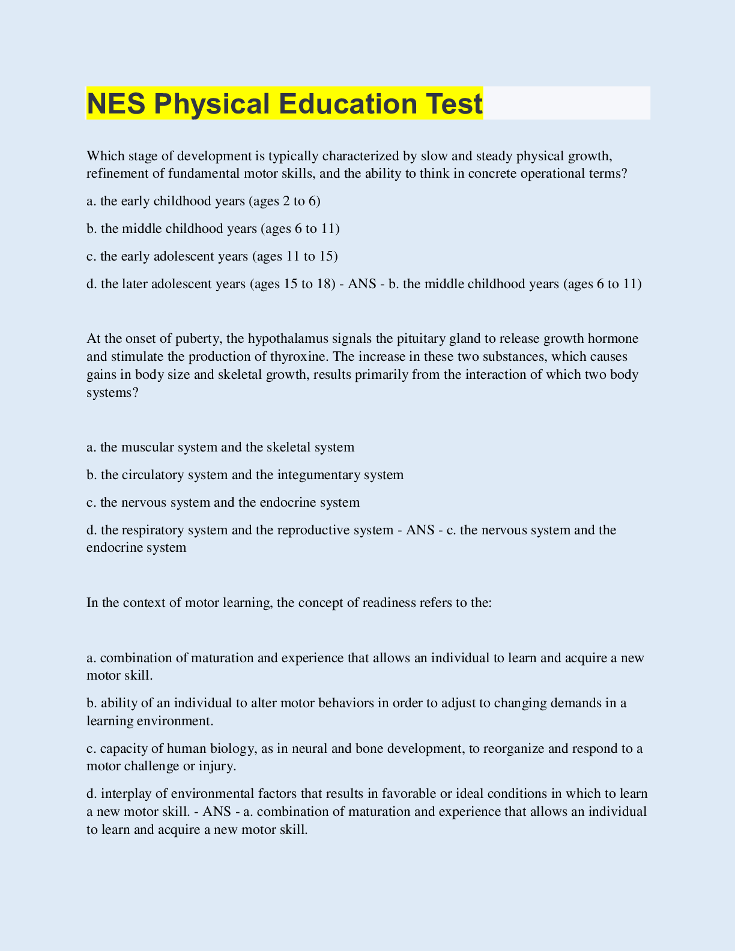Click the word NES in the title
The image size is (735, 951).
point(116,103)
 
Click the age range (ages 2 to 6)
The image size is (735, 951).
point(285,201)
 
